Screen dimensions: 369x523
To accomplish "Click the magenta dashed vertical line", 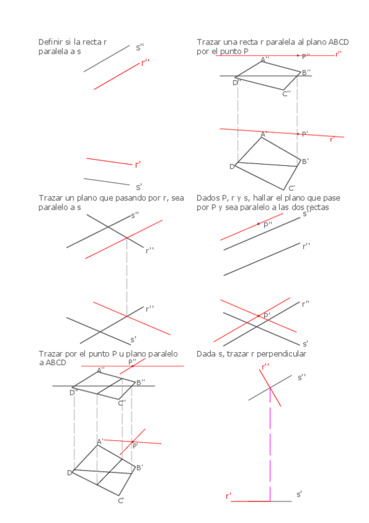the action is tap(270, 444).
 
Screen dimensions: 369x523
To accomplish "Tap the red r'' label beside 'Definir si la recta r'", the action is tap(145, 63).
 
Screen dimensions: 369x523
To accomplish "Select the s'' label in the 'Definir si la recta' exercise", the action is tap(140, 47).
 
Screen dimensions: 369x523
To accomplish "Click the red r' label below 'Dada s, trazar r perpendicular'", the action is tap(229, 496).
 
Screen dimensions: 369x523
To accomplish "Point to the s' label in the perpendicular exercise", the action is tap(299, 495).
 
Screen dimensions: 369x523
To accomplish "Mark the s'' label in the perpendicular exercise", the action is tap(301, 378).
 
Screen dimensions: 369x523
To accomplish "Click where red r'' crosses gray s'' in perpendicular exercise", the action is tap(270, 387).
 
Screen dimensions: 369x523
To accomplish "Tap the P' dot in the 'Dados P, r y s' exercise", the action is tap(259, 316).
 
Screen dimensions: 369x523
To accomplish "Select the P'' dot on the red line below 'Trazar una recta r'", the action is tap(298, 56).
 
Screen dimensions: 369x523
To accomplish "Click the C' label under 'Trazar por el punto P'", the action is tap(121, 501).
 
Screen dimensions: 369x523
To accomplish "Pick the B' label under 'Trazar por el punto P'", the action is tap(140, 467).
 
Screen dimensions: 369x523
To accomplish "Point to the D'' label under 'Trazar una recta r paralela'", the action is tap(237, 83).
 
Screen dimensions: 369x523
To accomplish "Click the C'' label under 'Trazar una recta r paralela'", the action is tap(286, 94).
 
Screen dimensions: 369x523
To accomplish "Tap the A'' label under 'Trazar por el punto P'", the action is tap(101, 369).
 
